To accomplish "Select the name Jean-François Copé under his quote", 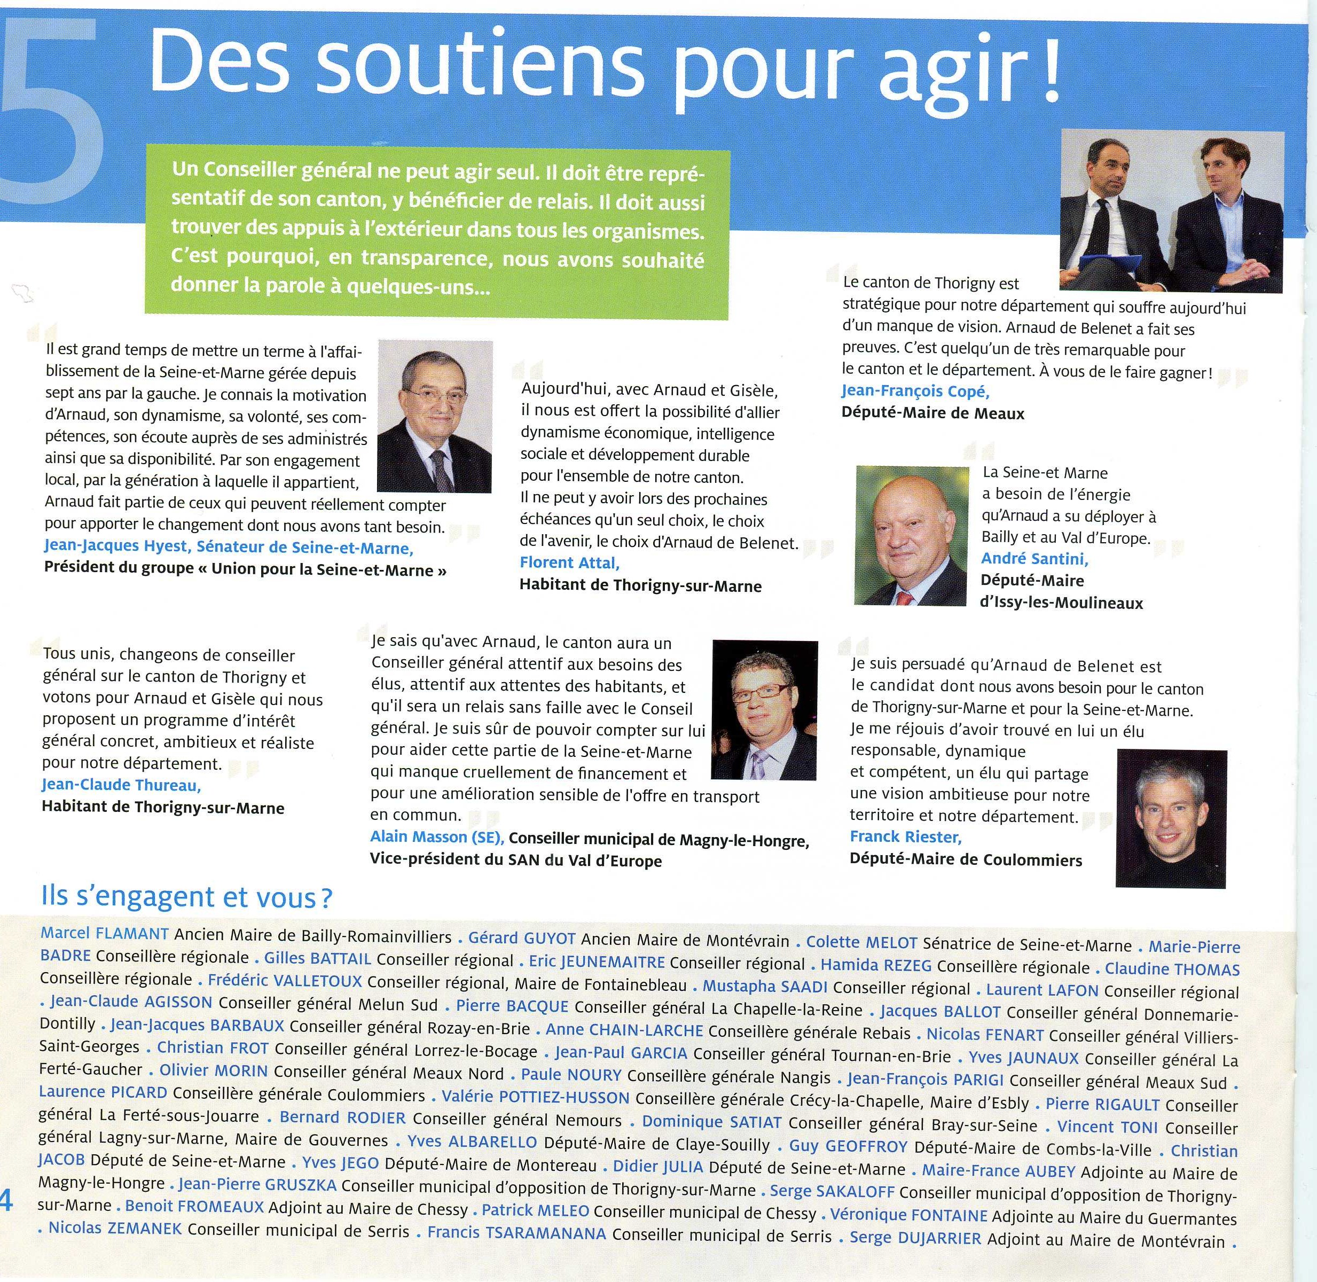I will [915, 391].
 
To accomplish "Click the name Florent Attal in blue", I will [569, 563].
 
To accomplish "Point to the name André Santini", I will [1034, 558].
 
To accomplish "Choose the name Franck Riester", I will [905, 837].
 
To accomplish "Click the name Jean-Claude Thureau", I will [121, 785].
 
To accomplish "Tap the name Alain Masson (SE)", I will [437, 837].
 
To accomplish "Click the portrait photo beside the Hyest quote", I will [435, 416].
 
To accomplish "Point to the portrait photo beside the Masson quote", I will [764, 718].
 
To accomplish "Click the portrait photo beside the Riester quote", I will [1171, 818].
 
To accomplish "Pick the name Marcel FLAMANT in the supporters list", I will [104, 934].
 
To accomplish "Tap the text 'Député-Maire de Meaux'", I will [932, 413].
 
